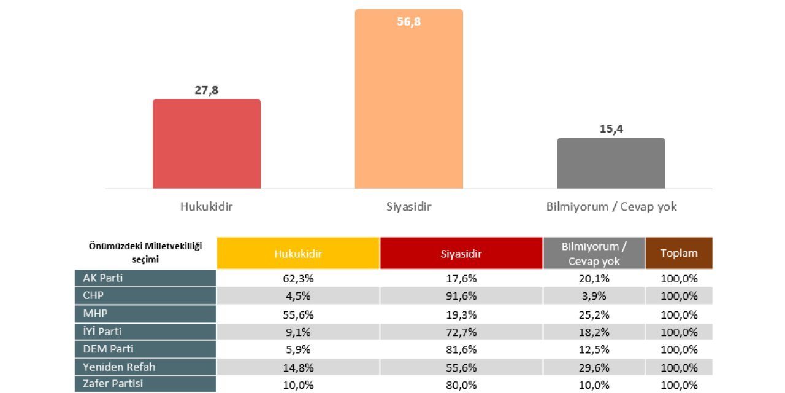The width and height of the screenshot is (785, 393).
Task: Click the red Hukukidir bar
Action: [207, 144]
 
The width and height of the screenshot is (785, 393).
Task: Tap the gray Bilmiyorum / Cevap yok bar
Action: [611, 163]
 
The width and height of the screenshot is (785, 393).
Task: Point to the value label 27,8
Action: [206, 90]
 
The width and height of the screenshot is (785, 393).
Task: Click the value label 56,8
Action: [408, 22]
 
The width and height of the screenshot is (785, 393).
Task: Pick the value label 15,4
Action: [611, 129]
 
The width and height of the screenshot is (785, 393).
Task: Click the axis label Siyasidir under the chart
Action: [408, 207]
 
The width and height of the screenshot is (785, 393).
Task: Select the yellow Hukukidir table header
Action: [298, 253]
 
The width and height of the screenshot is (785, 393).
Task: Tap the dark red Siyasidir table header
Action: [461, 253]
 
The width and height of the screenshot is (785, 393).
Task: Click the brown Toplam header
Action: [678, 253]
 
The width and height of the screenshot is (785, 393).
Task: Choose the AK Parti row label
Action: [145, 278]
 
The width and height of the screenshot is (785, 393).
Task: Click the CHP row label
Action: [145, 296]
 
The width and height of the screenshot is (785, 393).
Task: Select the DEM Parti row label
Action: [145, 349]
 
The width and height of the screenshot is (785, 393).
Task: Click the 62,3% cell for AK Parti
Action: [298, 278]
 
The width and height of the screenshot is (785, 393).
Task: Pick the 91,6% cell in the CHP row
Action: [461, 296]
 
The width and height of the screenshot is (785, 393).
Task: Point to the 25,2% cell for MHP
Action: [594, 314]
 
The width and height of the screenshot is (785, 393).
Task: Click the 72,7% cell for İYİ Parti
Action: [461, 332]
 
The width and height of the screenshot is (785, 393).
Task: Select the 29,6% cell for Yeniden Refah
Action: [594, 367]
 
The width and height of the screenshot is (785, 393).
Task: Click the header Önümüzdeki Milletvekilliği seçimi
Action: [145, 252]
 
